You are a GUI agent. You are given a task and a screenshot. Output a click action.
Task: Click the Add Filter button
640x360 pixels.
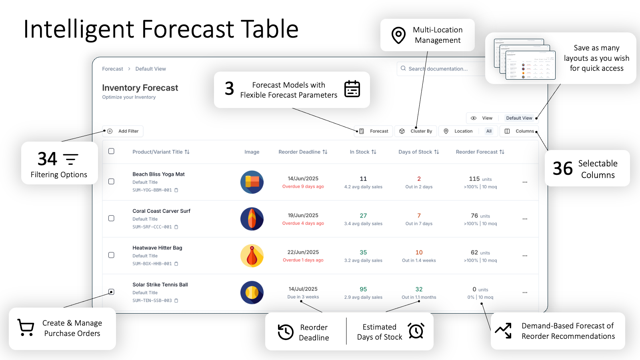pyautogui.click(x=123, y=131)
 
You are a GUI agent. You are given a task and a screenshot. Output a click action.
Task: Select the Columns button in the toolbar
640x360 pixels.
pyautogui.click(x=519, y=131)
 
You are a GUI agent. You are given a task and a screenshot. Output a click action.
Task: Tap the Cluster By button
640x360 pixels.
pyautogui.click(x=416, y=131)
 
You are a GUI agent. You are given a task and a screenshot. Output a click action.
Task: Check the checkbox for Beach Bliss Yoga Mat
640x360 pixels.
pyautogui.click(x=112, y=182)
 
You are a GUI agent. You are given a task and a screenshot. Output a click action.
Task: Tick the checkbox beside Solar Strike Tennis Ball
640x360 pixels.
pyautogui.click(x=112, y=292)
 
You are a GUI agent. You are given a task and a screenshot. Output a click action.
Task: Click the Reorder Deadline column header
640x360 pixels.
pyautogui.click(x=303, y=152)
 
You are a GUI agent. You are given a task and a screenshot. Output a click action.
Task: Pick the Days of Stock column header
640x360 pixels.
pyautogui.click(x=418, y=152)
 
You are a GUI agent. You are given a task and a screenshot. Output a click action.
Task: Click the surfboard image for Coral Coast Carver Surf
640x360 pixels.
pyautogui.click(x=252, y=219)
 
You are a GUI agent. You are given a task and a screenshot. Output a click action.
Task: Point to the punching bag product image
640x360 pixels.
pyautogui.click(x=252, y=256)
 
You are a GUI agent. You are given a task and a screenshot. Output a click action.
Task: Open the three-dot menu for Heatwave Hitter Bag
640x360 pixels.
pyautogui.click(x=525, y=256)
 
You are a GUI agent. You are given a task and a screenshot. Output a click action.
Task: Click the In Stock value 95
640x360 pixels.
pyautogui.click(x=363, y=289)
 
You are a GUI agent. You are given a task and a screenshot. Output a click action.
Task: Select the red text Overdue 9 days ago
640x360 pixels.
pyautogui.click(x=303, y=186)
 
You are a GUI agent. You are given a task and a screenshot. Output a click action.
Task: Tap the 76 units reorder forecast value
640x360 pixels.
pyautogui.click(x=480, y=216)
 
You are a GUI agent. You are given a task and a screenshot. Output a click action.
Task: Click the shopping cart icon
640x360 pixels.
pyautogui.click(x=26, y=328)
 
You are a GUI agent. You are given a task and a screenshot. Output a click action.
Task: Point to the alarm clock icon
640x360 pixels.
pyautogui.click(x=416, y=331)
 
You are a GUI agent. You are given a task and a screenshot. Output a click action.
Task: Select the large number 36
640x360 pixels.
pyautogui.click(x=562, y=168)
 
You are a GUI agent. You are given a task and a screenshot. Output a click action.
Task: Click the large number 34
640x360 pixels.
pyautogui.click(x=48, y=159)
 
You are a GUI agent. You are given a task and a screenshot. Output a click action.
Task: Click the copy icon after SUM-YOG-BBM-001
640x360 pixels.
pyautogui.click(x=176, y=190)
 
